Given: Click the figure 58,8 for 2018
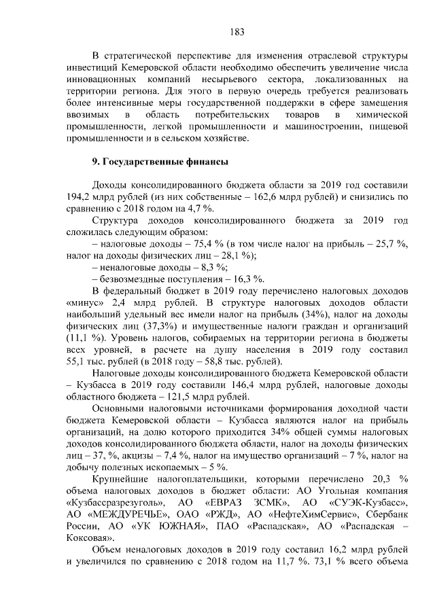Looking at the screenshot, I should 222,360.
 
